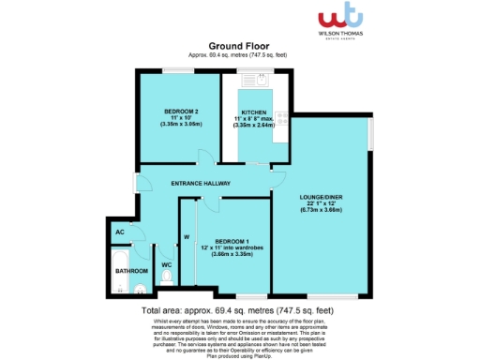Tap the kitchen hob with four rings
279,132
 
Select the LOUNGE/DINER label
321,197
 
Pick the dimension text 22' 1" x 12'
321,204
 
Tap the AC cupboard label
120,231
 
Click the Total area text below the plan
239,308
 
